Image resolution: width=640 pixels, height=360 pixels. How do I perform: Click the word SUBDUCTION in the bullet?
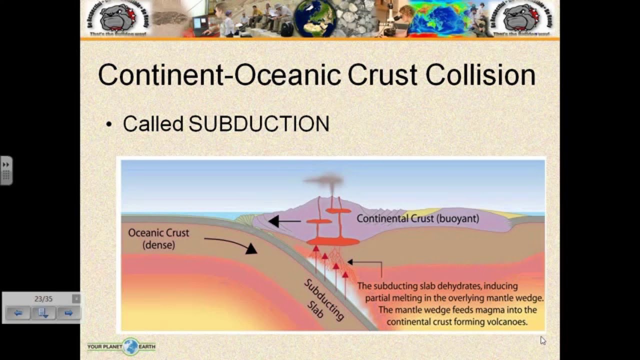258,124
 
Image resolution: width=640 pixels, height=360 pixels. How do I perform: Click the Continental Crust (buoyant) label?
417,218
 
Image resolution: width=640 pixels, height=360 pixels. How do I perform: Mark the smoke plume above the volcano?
327,183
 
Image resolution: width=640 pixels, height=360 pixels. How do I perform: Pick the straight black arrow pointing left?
285,221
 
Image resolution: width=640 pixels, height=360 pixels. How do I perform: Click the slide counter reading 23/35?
43,299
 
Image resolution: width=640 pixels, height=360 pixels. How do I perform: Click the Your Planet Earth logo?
121,346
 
